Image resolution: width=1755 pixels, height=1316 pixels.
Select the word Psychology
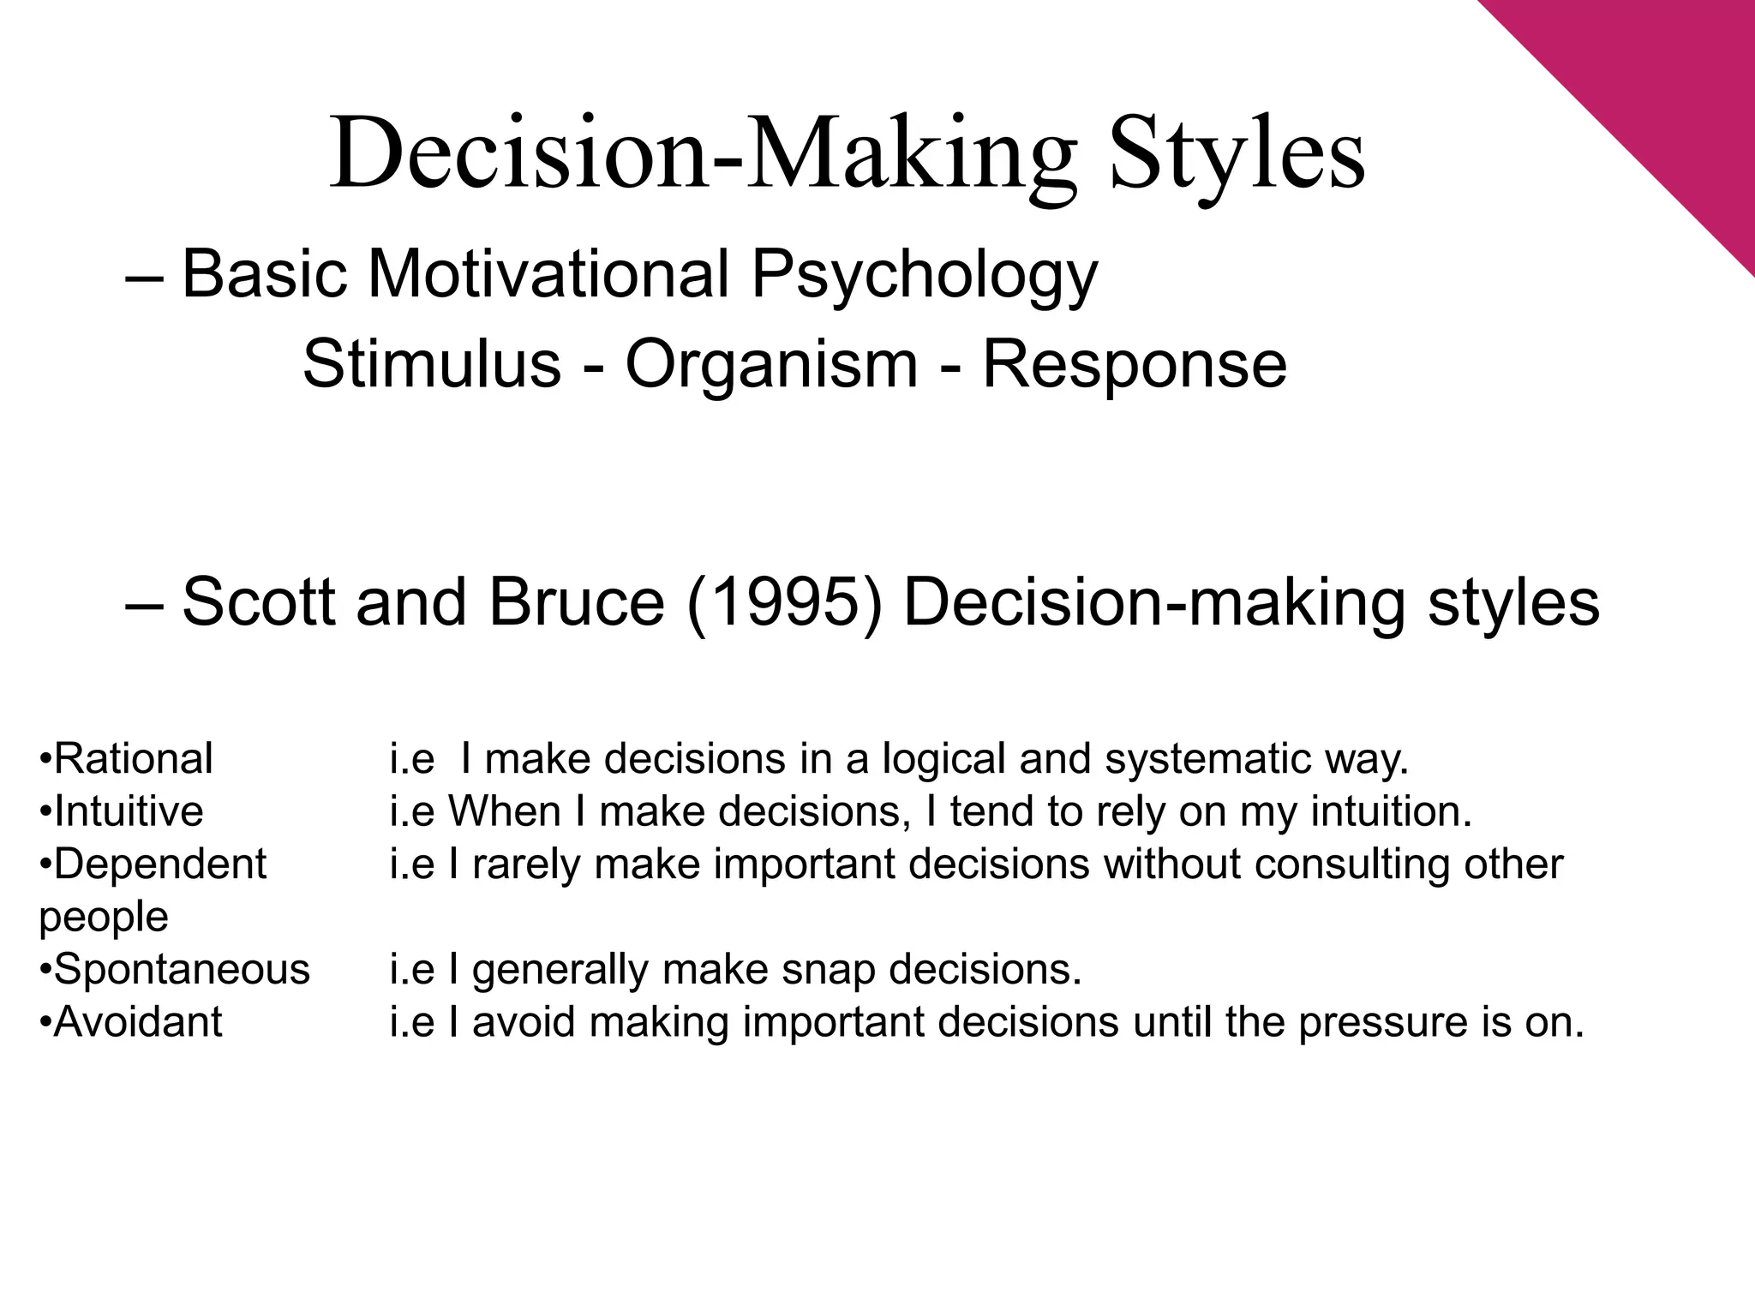point(924,277)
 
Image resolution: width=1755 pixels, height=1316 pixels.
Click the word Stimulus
point(431,364)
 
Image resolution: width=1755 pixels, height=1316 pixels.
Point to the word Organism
point(771,364)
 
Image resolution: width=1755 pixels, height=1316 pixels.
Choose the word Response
point(1134,364)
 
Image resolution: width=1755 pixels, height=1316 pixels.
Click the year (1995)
point(784,601)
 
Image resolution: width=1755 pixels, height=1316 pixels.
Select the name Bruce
point(577,601)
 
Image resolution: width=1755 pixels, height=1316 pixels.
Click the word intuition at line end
point(1390,811)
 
